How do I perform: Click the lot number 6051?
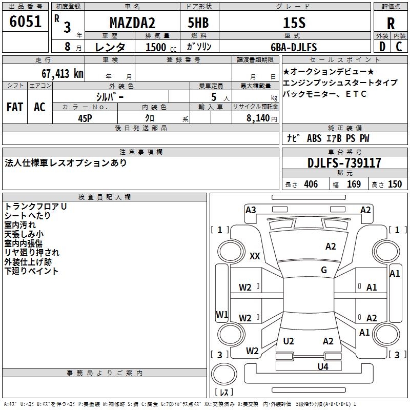tap(25, 22)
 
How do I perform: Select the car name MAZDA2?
tap(132, 23)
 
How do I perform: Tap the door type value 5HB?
tap(198, 23)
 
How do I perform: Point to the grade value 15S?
tap(294, 23)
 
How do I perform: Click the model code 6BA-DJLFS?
tap(294, 47)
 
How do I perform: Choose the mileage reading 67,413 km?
tap(63, 74)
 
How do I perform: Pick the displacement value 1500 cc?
tap(161, 47)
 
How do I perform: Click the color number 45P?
tap(85, 118)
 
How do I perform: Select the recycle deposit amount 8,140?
tap(258, 118)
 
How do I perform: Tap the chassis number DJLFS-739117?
tap(344, 163)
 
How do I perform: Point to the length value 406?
tap(311, 184)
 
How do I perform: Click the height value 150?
tap(395, 184)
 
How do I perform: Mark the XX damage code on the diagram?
tap(255, 256)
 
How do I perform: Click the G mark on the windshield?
tap(324, 270)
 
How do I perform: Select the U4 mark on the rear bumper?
tap(323, 366)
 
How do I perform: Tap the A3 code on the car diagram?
tap(251, 210)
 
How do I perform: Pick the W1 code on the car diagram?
tap(222, 314)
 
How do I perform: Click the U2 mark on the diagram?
tap(289, 341)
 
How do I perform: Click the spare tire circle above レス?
tap(224, 374)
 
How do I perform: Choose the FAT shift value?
tap(15, 107)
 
